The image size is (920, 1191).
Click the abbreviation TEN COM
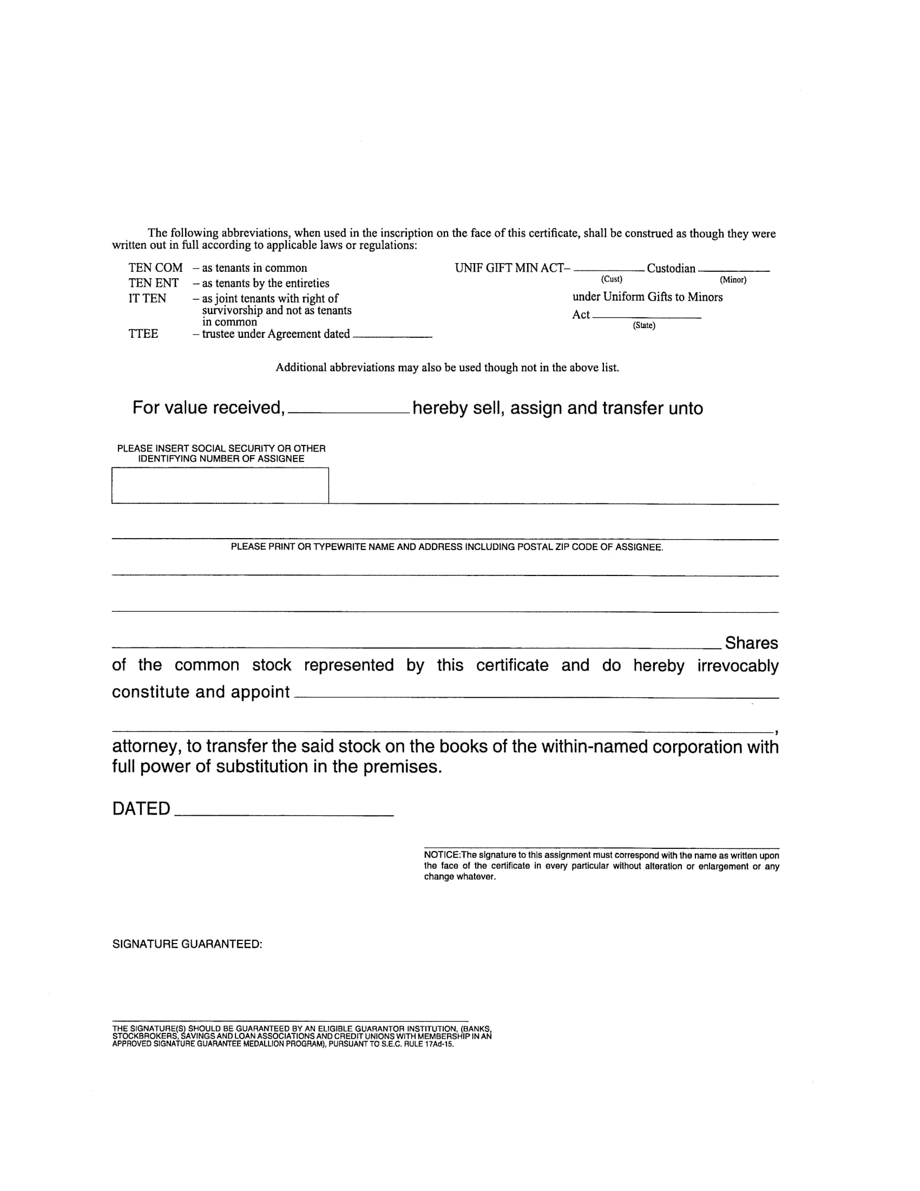click(155, 268)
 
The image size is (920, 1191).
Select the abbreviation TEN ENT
click(153, 283)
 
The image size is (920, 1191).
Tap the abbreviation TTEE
click(143, 333)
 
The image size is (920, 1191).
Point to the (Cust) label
click(612, 279)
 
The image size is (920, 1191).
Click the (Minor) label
click(733, 280)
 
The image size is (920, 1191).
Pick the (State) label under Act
click(643, 325)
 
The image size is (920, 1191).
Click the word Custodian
click(671, 269)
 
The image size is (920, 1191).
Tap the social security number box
click(220, 485)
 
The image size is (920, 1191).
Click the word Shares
click(751, 643)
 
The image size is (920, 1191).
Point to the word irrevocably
click(738, 666)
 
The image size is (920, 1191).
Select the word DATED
click(141, 809)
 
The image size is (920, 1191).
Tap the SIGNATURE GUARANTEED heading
click(187, 945)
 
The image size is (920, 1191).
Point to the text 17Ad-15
click(439, 1044)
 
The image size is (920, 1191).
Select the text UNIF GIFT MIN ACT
click(512, 269)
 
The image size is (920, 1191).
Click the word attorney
click(144, 747)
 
